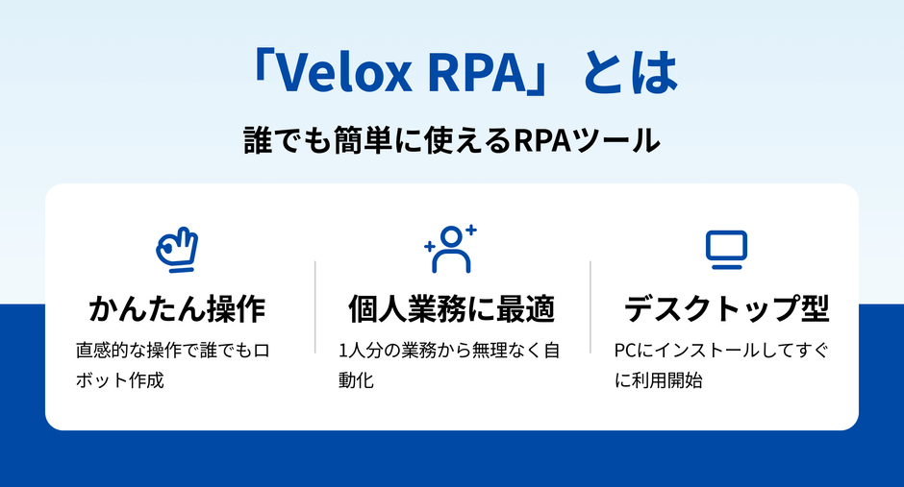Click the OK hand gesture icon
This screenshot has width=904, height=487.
[176, 249]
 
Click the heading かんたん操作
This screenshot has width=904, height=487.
[176, 309]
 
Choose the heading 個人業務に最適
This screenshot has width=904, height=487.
[451, 309]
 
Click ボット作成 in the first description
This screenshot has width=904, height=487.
[119, 380]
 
